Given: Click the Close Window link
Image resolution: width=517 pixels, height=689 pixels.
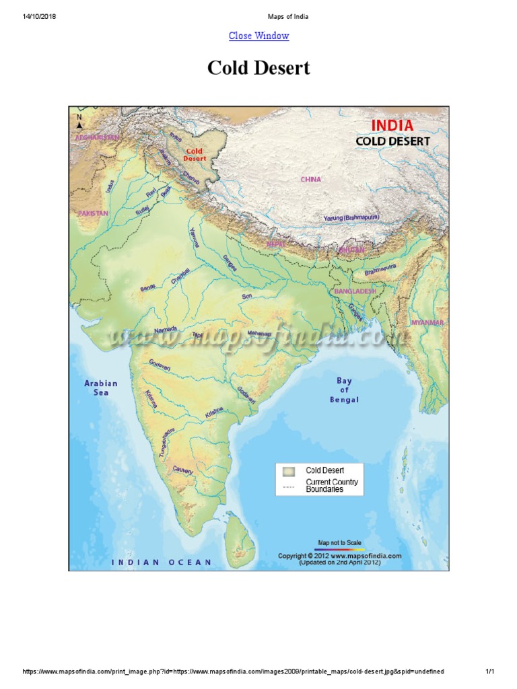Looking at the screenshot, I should [x=258, y=36].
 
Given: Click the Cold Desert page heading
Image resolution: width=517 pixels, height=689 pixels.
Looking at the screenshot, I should [x=258, y=68].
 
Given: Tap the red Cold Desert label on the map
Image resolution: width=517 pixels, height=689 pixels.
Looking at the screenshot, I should [x=195, y=155].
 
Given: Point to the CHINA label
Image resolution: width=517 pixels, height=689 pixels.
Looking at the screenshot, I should [x=312, y=180].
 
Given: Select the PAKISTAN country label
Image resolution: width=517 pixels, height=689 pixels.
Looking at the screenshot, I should [x=93, y=213].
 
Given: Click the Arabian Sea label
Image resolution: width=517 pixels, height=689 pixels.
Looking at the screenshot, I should [x=100, y=388].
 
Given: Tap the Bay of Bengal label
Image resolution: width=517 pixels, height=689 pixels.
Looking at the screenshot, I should [x=344, y=390].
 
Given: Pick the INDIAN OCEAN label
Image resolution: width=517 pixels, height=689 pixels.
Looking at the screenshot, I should [x=162, y=562].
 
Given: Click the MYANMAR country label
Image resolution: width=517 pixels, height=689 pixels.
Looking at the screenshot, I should [x=428, y=323].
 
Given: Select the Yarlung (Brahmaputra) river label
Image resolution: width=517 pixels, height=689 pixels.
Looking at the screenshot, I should [x=351, y=218].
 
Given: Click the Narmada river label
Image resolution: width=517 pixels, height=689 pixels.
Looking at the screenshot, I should [x=166, y=330].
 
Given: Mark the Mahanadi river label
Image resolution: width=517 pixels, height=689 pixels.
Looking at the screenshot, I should [x=260, y=333].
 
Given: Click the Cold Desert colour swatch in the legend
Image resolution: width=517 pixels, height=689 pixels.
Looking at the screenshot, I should [x=289, y=471].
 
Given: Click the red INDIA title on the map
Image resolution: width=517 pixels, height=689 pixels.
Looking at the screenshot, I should [x=392, y=125].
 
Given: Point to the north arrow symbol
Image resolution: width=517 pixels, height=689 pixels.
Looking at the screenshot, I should [x=79, y=122].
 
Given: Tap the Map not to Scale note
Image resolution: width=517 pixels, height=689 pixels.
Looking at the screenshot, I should [x=339, y=542].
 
